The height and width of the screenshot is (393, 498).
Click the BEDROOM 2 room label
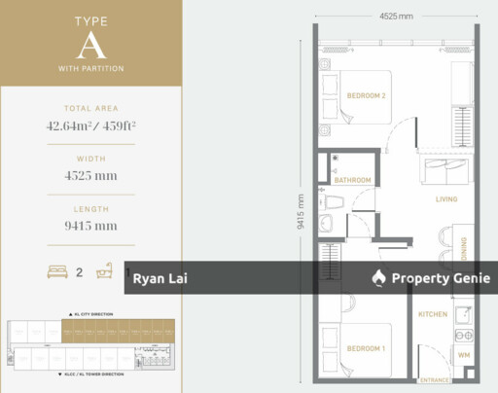tap(367, 95)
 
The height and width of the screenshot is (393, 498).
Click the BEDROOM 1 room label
tap(367, 348)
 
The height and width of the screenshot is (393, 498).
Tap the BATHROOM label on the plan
tap(352, 180)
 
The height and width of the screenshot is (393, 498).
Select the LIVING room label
tap(446, 199)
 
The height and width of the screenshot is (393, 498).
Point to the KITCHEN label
tap(433, 315)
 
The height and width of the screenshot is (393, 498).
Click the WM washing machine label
tap(464, 357)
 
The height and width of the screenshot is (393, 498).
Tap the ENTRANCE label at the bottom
tap(433, 380)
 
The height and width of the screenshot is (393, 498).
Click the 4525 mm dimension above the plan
tap(397, 16)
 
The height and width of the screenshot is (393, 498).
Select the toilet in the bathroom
tap(332, 202)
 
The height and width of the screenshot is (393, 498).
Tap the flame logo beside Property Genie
tap(378, 278)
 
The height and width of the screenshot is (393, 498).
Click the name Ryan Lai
tap(160, 278)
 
